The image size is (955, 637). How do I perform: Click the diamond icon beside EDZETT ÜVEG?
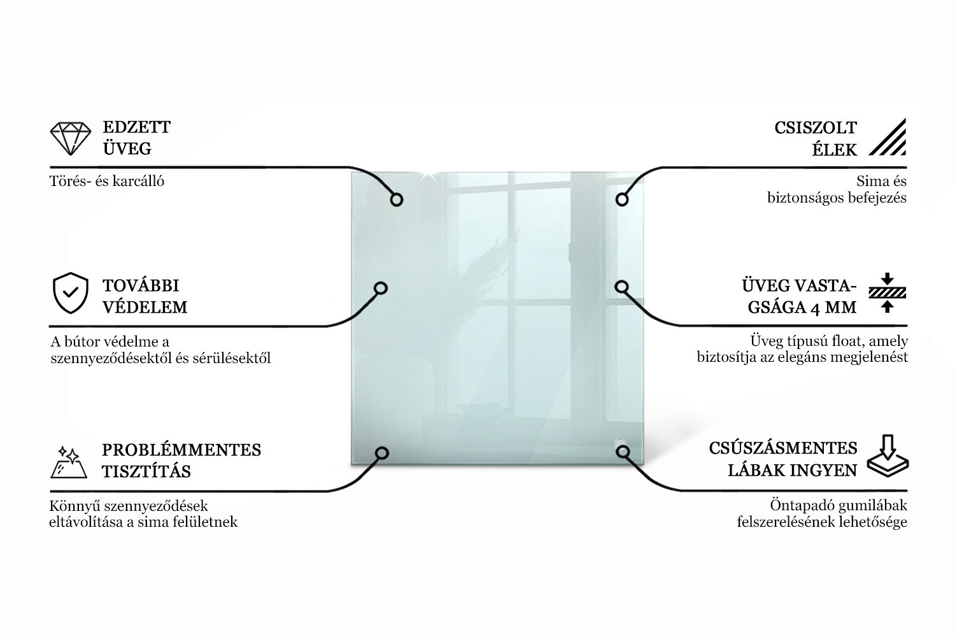[70, 139]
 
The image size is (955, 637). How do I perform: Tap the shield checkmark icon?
[70, 292]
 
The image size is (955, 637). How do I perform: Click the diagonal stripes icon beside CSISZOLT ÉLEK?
[888, 137]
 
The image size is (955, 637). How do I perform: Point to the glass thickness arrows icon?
[888, 292]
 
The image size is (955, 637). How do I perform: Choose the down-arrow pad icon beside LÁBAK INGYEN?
[888, 455]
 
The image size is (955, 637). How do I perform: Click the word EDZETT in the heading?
[136, 127]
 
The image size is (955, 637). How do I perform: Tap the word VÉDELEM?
[145, 307]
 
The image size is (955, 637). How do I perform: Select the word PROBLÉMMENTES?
[181, 450]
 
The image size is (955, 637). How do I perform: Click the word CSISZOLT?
[816, 128]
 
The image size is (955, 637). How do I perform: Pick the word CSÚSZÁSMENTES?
[783, 448]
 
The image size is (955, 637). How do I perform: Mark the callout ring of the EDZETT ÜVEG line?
[397, 199]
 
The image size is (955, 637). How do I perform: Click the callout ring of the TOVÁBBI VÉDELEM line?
[381, 288]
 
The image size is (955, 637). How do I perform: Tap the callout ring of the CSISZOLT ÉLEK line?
[622, 199]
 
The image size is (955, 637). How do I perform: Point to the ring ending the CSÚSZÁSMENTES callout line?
[623, 452]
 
